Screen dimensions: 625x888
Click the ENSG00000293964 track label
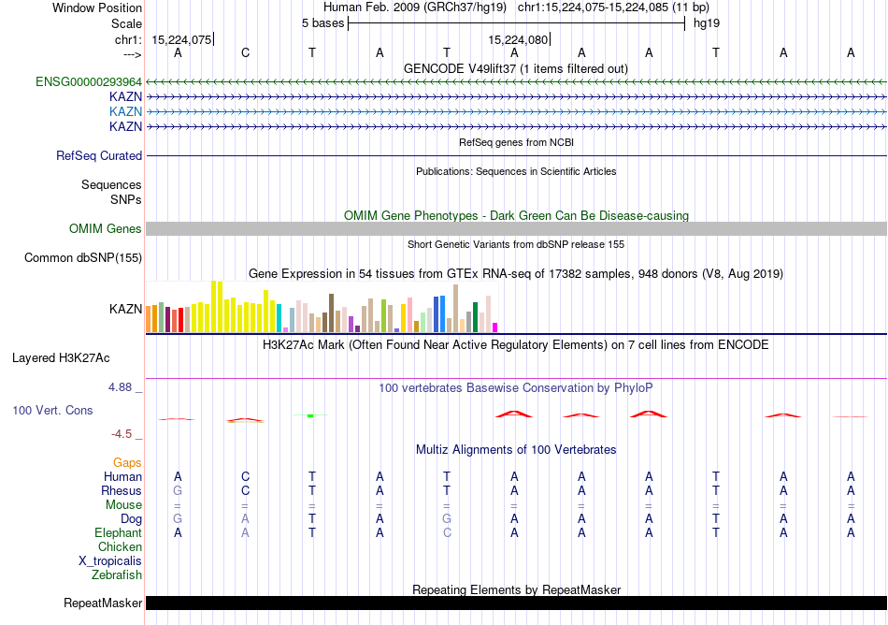(x=89, y=81)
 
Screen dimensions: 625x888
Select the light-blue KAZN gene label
(x=125, y=111)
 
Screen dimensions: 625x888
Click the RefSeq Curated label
(x=99, y=156)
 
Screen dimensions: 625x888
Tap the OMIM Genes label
(x=106, y=229)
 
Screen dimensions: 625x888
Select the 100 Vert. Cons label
(x=52, y=411)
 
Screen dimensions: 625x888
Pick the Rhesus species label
(x=122, y=491)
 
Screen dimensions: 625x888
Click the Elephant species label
(x=118, y=533)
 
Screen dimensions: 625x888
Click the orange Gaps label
(x=127, y=463)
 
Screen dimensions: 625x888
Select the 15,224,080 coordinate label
(x=517, y=40)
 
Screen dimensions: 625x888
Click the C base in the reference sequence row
(x=245, y=52)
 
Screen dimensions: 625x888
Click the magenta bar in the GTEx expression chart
(x=494, y=327)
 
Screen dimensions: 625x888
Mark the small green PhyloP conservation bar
(x=310, y=415)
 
